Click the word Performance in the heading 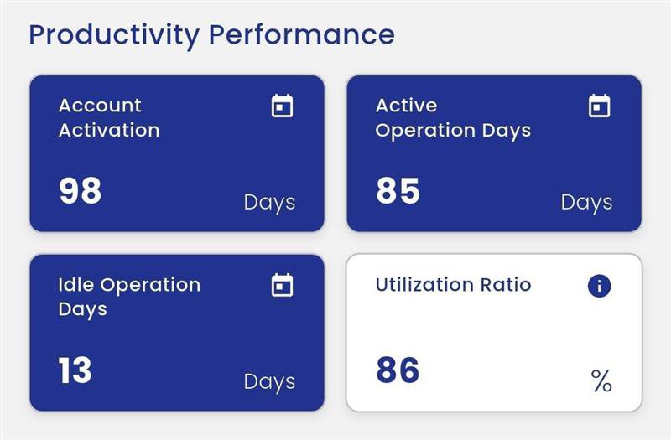tap(301, 35)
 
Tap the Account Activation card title tap(109, 117)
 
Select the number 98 tap(81, 191)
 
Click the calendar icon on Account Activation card tap(283, 106)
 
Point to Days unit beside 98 tap(269, 202)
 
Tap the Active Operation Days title tap(453, 117)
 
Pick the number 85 tap(398, 191)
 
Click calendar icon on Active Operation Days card tap(599, 106)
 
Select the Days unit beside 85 tap(586, 202)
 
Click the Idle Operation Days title tap(129, 297)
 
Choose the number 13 tap(75, 370)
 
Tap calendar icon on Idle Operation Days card tap(283, 286)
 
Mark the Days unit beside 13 tap(269, 381)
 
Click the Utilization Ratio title tap(453, 285)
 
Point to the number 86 tap(398, 370)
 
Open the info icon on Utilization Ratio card tap(599, 286)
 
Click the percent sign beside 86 tap(601, 382)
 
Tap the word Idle tap(75, 285)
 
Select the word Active tap(406, 106)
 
